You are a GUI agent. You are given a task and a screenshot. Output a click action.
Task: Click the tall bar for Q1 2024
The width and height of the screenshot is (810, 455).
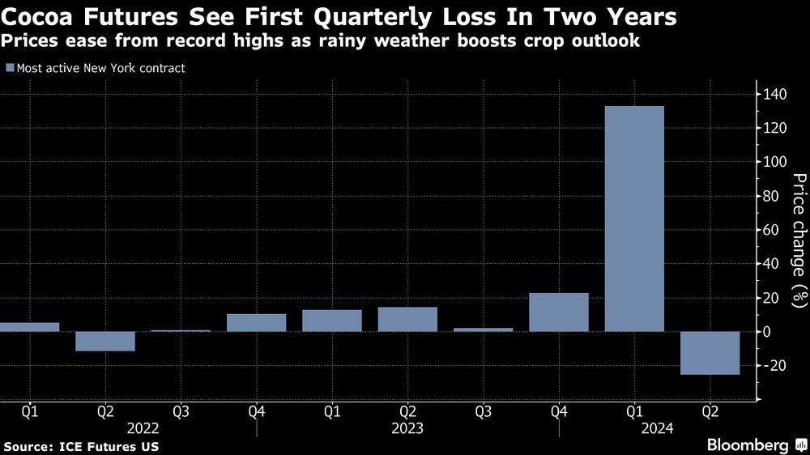634,219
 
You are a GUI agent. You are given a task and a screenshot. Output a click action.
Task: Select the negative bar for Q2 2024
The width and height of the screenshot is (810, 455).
710,353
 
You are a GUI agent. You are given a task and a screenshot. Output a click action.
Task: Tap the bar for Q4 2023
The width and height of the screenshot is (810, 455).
559,313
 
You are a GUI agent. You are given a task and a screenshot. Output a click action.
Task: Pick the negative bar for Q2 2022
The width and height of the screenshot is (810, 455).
105,341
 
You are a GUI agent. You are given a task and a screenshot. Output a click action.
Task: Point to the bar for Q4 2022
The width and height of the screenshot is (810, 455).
257,322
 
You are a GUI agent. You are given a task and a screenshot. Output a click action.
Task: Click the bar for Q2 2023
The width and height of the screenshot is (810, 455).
407,319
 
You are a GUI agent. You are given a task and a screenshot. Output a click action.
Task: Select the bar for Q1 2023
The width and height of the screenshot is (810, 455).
332,321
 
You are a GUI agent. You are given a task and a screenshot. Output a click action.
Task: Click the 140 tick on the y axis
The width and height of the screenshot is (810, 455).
774,95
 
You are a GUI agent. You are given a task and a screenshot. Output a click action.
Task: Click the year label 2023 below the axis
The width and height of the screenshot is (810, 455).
407,428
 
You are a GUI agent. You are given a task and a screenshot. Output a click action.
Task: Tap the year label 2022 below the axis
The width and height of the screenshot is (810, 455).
143,428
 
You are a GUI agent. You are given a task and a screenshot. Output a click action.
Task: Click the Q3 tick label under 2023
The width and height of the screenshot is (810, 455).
483,411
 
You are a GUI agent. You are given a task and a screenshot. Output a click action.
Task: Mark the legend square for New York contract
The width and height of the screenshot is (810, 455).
9,68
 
